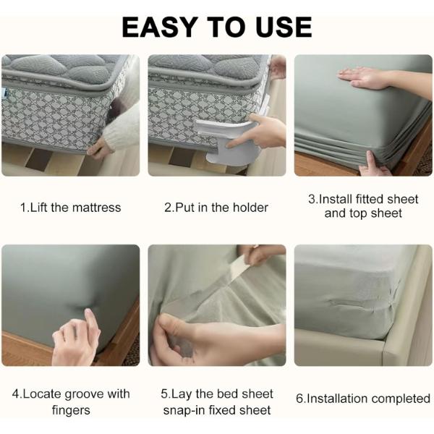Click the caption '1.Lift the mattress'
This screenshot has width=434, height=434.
71,208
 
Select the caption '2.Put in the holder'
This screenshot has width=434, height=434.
216,208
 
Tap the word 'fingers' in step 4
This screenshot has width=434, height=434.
71,410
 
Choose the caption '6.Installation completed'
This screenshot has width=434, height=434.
363,399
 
